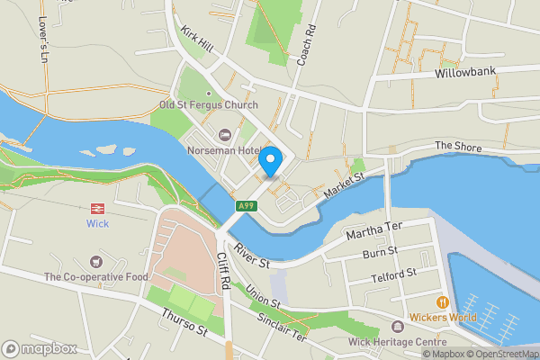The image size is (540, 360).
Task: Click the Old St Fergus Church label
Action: tap(209, 104)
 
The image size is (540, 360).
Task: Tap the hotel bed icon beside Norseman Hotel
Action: tap(225, 135)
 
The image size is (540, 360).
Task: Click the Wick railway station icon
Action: tap(97, 207)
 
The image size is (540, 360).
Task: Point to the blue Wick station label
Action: tap(97, 223)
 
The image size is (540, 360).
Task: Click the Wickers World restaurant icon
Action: tap(442, 301)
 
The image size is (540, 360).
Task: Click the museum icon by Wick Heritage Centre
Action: tap(399, 326)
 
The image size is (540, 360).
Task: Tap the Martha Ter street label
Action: tap(375, 234)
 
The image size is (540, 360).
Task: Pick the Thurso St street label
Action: tap(185, 325)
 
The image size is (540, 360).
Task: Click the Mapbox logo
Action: tap(39, 348)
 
